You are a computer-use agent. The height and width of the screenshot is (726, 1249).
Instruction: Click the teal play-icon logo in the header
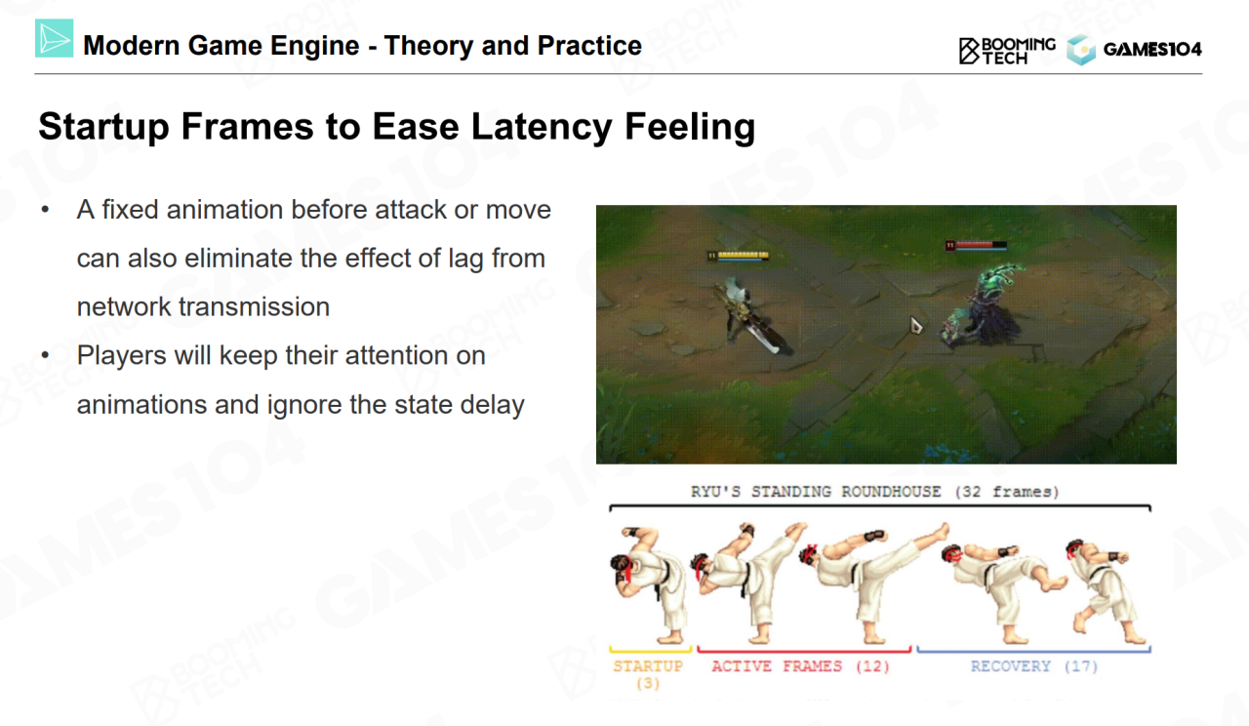pyautogui.click(x=54, y=38)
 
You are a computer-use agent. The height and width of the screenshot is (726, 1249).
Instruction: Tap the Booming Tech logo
pyautogui.click(x=1007, y=51)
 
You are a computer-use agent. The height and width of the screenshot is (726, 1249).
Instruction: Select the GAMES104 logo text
pyautogui.click(x=1152, y=50)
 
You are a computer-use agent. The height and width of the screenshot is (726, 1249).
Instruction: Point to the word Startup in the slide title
pyautogui.click(x=103, y=128)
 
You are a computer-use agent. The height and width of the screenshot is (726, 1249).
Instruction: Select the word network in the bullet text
pyautogui.click(x=123, y=306)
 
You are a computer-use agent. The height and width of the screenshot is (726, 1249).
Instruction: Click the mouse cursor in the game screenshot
pyautogui.click(x=915, y=325)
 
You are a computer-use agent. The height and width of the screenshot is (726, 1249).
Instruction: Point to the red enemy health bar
pyautogui.click(x=976, y=245)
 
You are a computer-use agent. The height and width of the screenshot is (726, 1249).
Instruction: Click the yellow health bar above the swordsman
pyautogui.click(x=739, y=256)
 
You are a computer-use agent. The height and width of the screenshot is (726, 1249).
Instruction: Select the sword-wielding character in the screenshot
pyautogui.click(x=750, y=315)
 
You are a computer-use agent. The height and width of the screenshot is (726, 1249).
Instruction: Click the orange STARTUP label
pyautogui.click(x=648, y=674)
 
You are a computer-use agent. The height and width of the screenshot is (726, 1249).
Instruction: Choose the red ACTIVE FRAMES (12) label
pyautogui.click(x=800, y=666)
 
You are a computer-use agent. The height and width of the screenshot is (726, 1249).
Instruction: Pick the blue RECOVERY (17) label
pyautogui.click(x=1034, y=666)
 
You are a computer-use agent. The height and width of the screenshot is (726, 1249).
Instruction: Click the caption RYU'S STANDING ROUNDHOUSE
pyautogui.click(x=816, y=492)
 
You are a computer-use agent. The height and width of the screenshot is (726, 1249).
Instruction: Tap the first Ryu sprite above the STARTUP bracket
pyautogui.click(x=650, y=585)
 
